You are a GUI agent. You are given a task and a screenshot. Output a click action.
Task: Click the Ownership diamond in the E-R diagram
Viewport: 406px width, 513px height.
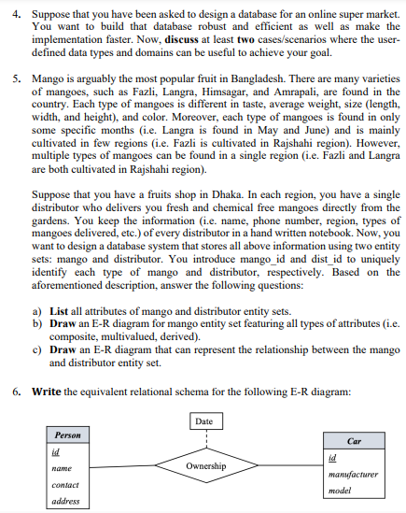coord(205,464)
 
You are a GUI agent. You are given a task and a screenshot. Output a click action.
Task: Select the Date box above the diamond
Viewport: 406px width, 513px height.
coord(204,422)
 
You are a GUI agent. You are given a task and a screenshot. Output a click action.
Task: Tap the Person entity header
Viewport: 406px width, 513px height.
coord(68,435)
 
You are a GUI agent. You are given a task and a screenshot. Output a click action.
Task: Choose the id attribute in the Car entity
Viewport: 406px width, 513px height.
coord(334,458)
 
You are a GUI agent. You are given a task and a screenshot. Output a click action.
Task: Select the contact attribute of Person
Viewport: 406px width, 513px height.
coord(64,485)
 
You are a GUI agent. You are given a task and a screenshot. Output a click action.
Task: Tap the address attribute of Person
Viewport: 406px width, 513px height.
coord(64,502)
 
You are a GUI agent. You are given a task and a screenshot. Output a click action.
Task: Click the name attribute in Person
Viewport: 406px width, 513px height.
coord(62,469)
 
